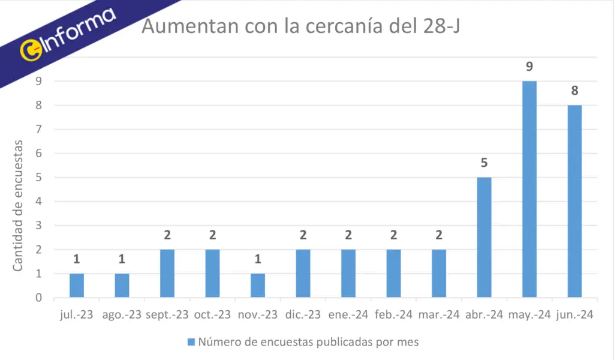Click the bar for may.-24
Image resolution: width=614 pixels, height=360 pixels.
pyautogui.click(x=529, y=189)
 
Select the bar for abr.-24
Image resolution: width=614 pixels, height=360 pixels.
pyautogui.click(x=484, y=237)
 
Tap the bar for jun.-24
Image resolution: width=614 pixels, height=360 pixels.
pyautogui.click(x=574, y=201)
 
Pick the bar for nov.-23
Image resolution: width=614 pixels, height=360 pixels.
pyautogui.click(x=258, y=285)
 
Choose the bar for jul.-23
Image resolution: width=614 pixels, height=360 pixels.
pyautogui.click(x=77, y=285)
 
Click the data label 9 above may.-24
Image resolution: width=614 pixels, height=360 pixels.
pyautogui.click(x=529, y=67)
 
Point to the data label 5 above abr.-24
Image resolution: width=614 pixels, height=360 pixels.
pyautogui.click(x=484, y=163)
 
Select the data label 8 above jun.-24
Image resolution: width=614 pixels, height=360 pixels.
pyautogui.click(x=574, y=91)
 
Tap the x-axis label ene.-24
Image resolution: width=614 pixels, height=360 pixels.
pyautogui.click(x=348, y=314)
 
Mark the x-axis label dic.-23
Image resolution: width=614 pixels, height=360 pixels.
pyautogui.click(x=303, y=314)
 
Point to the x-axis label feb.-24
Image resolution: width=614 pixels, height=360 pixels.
pyautogui.click(x=394, y=314)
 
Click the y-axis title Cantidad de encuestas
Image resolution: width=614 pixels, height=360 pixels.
pyautogui.click(x=18, y=205)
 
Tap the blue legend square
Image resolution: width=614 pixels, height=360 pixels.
pyautogui.click(x=191, y=342)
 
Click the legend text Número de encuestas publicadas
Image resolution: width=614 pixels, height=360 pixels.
pyautogui.click(x=300, y=342)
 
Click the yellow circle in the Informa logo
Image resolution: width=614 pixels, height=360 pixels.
pyautogui.click(x=29, y=50)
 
